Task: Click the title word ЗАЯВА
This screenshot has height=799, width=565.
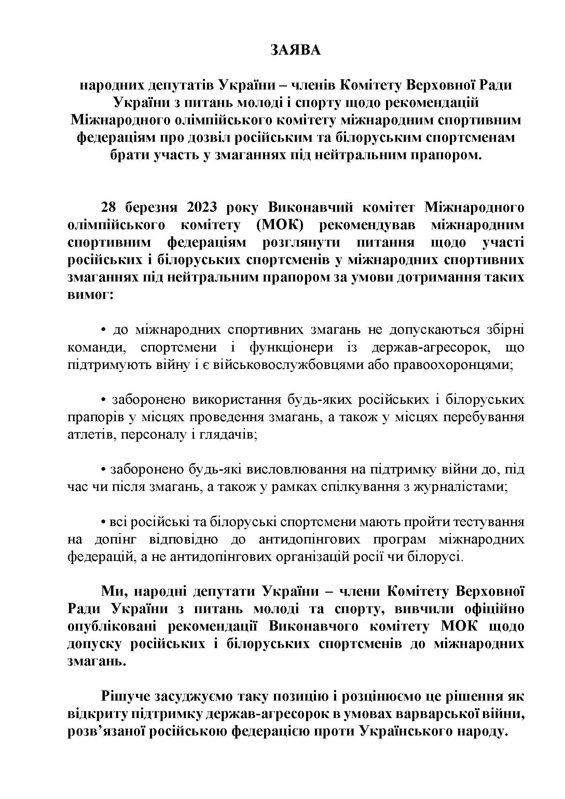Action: point(295,51)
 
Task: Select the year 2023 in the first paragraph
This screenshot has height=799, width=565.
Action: point(202,208)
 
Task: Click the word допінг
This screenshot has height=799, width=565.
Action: point(116,540)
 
